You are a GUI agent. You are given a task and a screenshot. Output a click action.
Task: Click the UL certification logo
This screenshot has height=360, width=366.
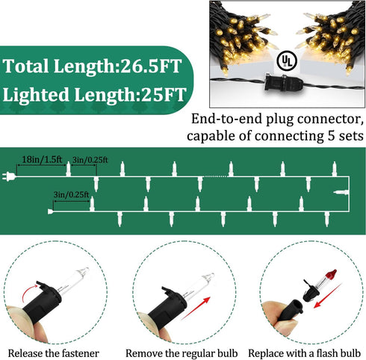pos(287,60)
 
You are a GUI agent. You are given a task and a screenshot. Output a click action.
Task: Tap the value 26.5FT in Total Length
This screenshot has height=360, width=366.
pos(151,66)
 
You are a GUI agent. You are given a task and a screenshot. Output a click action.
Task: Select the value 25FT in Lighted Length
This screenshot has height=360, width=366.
pos(164,94)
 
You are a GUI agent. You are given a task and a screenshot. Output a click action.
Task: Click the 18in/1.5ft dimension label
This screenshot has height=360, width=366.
pos(42,159)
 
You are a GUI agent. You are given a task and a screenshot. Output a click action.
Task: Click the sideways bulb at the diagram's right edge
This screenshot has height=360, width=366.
pos(341,193)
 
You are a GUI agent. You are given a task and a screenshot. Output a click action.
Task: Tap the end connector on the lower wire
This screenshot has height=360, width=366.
pos(51,211)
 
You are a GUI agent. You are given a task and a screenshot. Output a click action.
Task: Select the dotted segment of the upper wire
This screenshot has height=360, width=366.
pos(216,176)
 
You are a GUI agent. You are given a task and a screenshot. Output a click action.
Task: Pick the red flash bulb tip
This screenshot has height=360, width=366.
pos(331,274)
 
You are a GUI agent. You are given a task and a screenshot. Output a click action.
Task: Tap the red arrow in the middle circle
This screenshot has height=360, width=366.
pos(196,308)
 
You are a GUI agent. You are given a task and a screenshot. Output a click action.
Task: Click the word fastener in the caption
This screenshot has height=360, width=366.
pos(81,353)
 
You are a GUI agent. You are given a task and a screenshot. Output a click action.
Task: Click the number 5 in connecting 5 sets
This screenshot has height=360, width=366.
pos(331,136)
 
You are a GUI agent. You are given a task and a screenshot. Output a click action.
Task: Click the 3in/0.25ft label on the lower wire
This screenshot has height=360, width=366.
pos(71,194)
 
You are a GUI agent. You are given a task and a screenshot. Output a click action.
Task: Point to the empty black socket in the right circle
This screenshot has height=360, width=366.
pos(290,311)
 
